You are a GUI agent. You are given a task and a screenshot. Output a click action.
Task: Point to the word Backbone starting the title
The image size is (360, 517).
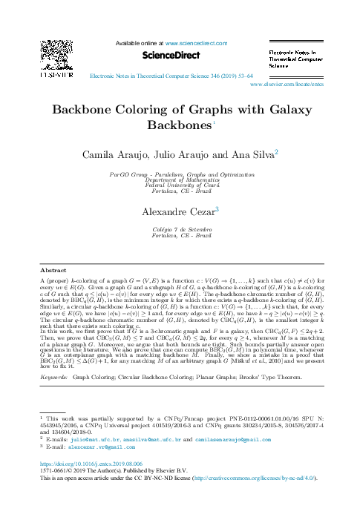click(82, 110)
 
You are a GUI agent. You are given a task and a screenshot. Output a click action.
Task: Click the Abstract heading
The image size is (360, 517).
click(53, 269)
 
